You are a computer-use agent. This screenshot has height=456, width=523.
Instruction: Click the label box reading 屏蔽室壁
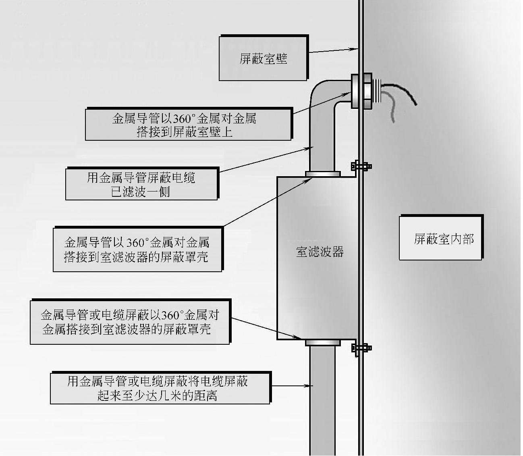[x=264, y=58]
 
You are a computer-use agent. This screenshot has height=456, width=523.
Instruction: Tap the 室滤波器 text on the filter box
[x=320, y=252]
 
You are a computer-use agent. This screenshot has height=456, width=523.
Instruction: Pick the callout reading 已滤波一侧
[x=141, y=184]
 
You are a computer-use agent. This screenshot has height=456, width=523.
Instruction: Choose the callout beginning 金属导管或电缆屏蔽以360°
[x=130, y=322]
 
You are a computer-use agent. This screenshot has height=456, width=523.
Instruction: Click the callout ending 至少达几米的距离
[x=160, y=388]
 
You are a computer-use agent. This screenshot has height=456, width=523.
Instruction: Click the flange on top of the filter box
[x=323, y=174]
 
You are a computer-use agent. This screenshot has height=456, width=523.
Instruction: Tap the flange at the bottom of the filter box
[x=323, y=343]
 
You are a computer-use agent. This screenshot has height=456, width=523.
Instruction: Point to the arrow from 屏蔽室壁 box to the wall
[x=333, y=50]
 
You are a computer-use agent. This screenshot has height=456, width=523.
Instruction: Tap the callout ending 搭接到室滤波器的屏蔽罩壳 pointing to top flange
[x=137, y=250]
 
